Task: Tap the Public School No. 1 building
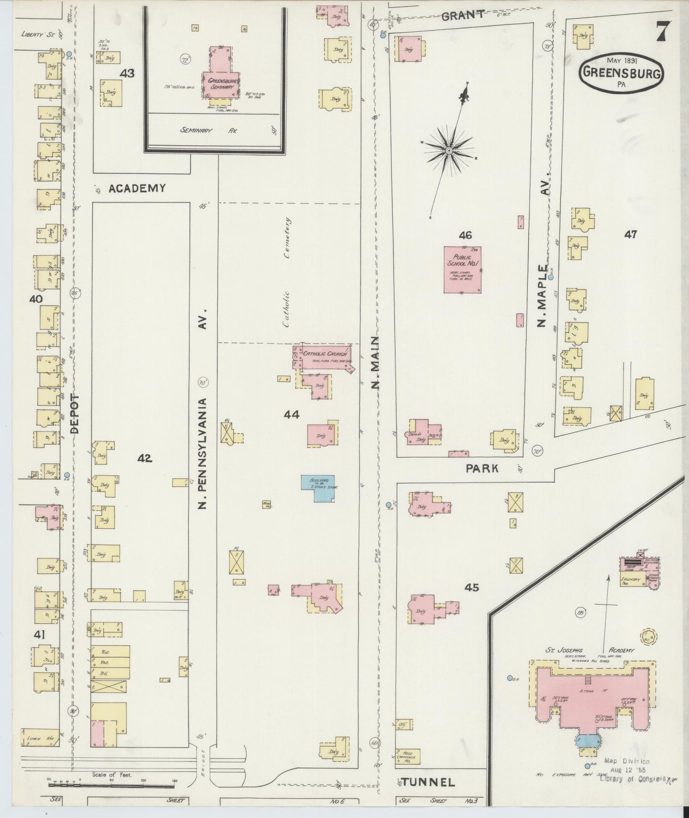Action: coord(462,270)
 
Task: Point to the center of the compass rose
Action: coord(449,151)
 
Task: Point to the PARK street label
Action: coord(482,468)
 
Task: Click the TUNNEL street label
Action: coord(428,782)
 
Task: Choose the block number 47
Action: coord(630,234)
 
